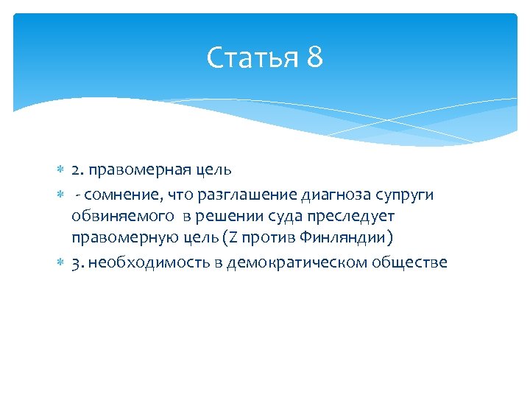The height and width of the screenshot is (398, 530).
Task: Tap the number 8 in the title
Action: [314, 57]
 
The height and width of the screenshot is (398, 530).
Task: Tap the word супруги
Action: [408, 194]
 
